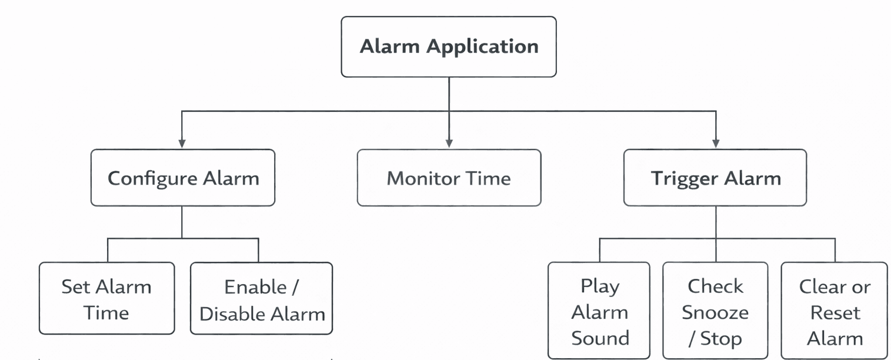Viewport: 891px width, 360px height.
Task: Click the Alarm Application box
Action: (448, 47)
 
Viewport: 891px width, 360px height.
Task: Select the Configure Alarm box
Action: (182, 178)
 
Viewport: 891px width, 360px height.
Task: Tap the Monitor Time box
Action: (449, 178)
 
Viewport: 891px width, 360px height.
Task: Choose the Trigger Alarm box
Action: (715, 178)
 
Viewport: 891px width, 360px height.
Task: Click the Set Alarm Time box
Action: (106, 299)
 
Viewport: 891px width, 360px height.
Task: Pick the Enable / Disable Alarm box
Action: (262, 299)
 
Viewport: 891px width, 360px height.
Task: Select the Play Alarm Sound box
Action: (599, 311)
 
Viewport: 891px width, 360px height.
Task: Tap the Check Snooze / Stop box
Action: (715, 311)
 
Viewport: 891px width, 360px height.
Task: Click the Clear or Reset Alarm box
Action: (834, 311)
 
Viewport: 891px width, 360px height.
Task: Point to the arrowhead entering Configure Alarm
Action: (182, 144)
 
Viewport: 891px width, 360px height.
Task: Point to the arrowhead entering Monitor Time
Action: (449, 144)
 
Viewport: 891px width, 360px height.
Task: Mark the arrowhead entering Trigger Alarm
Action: (716, 144)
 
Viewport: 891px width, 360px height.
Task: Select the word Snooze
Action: (715, 312)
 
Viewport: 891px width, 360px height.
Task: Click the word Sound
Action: (600, 338)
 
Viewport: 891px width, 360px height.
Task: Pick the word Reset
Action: (835, 312)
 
